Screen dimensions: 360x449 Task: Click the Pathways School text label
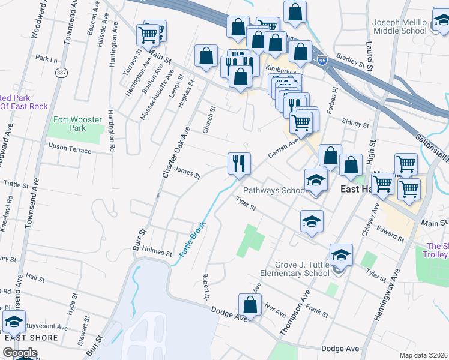[276, 190]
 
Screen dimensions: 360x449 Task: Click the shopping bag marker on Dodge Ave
[250, 304]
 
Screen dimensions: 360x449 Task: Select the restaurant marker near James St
[239, 163]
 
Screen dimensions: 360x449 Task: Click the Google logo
[20, 352]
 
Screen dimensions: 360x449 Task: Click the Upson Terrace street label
[70, 148]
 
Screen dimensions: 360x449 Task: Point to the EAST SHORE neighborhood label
[31, 338]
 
